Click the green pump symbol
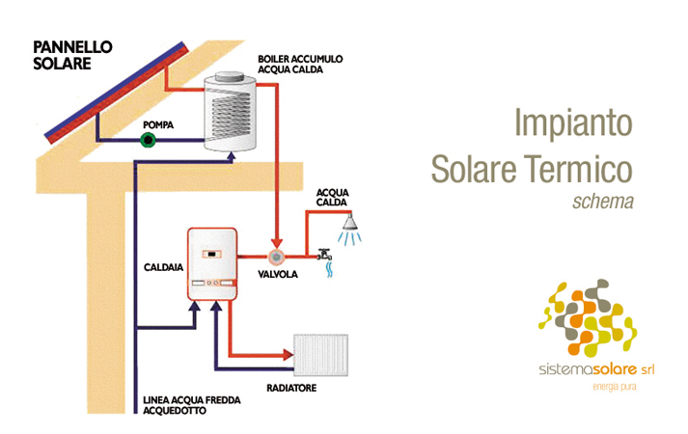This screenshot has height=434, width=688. (x=149, y=140)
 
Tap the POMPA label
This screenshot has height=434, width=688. (x=158, y=125)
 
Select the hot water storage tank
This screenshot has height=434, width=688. (x=230, y=112)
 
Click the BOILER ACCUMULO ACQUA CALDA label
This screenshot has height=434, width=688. (x=300, y=64)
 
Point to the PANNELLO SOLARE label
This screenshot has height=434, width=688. (x=72, y=55)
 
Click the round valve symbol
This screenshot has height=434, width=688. (x=276, y=257)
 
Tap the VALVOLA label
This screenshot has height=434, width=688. (x=278, y=275)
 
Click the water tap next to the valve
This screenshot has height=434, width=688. (x=324, y=256)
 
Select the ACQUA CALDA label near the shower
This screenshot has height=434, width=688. (x=332, y=198)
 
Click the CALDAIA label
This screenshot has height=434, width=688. (x=163, y=267)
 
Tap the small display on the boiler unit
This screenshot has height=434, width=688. (x=212, y=255)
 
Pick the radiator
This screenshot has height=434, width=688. (x=320, y=355)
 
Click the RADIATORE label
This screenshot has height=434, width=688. (x=291, y=388)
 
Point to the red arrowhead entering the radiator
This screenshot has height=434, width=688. (x=289, y=354)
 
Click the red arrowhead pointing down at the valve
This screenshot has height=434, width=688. (x=276, y=244)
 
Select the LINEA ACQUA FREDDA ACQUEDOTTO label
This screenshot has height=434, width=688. (x=192, y=405)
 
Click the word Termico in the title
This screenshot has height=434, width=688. (x=578, y=169)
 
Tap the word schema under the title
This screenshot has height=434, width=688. (x=603, y=202)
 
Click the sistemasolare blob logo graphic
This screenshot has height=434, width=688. (x=588, y=317)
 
